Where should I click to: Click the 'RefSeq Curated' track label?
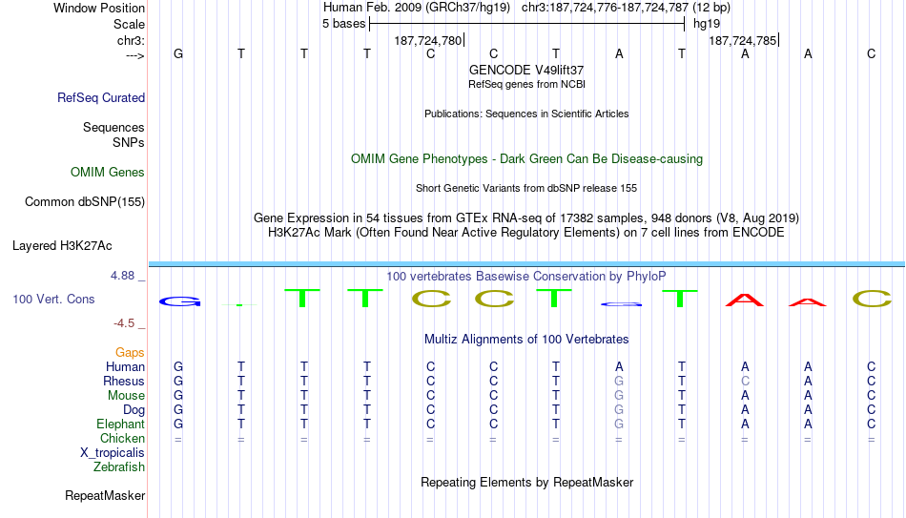point(101,97)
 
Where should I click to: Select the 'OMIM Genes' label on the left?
point(108,173)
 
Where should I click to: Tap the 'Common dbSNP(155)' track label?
point(85,202)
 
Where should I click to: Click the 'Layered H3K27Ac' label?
point(62,246)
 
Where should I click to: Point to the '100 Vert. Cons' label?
point(53,299)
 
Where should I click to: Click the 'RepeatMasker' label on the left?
point(105,495)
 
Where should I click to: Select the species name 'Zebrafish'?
point(119,466)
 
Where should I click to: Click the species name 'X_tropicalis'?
point(113,453)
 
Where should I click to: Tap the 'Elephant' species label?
point(121,424)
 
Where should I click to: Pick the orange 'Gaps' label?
point(130,352)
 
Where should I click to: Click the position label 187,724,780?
point(428,40)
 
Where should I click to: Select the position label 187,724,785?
point(743,40)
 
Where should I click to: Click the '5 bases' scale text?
point(343,24)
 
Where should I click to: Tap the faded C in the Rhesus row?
point(746,381)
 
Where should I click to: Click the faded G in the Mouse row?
point(619,396)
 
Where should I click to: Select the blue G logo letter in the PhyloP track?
point(180,301)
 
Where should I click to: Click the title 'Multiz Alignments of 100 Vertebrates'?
point(526,339)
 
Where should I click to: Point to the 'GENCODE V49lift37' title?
point(526,70)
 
